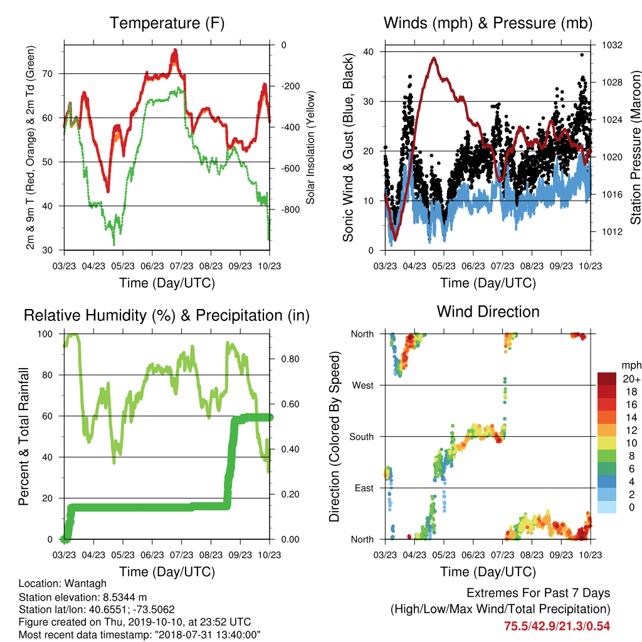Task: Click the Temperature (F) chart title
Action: click(x=167, y=23)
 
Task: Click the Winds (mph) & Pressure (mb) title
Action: click(x=488, y=23)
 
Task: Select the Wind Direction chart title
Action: click(x=488, y=312)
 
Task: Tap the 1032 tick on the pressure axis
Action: click(x=612, y=45)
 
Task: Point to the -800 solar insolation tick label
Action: click(x=290, y=209)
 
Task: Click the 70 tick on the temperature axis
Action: click(x=48, y=74)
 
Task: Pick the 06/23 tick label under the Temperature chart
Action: click(x=152, y=266)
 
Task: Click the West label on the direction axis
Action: click(x=363, y=386)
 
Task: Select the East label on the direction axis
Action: click(x=364, y=488)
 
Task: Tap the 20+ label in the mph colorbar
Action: click(x=631, y=379)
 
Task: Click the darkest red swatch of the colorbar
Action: click(x=607, y=379)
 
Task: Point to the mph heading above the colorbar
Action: click(x=631, y=366)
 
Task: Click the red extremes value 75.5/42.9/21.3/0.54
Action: click(x=557, y=626)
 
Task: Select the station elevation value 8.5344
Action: click(x=121, y=597)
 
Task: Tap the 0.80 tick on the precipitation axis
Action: click(x=290, y=359)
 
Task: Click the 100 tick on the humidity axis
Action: click(x=45, y=334)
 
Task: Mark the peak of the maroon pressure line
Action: click(x=434, y=58)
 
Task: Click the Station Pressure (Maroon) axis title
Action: click(x=635, y=147)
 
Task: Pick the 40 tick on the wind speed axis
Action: click(x=369, y=51)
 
